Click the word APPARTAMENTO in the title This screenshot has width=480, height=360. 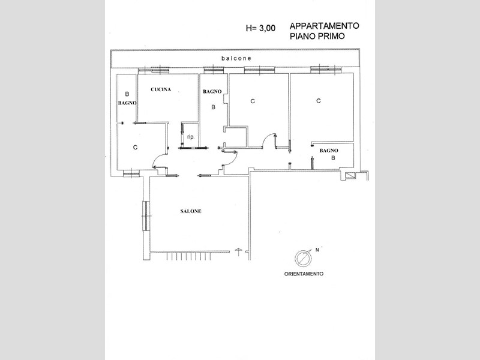tap(324, 26)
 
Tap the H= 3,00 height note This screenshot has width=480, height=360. tap(260, 28)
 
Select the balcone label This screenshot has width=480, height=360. tap(236, 58)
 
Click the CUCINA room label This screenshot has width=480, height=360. tap(161, 89)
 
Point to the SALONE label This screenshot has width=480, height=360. tap(191, 211)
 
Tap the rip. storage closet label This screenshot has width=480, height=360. tap(191, 137)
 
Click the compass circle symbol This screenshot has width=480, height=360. tap(303, 258)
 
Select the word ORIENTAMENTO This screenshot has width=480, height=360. tap(304, 274)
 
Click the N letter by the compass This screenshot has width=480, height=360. tap(317, 250)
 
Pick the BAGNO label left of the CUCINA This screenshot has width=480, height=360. tap(127, 103)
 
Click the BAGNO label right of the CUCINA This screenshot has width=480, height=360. tap(212, 92)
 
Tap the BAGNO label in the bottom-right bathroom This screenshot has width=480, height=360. tap(329, 151)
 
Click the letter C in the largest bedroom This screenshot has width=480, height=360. tap(319, 101)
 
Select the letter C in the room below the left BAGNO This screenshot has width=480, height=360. tap(136, 148)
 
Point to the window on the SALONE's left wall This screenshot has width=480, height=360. tap(146, 216)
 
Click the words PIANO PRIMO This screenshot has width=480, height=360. tap(317, 36)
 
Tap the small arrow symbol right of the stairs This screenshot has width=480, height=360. tap(238, 252)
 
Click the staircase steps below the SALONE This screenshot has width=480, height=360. tap(189, 256)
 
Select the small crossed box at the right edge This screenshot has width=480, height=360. tap(349, 175)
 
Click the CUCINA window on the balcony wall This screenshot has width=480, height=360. tap(154, 70)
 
